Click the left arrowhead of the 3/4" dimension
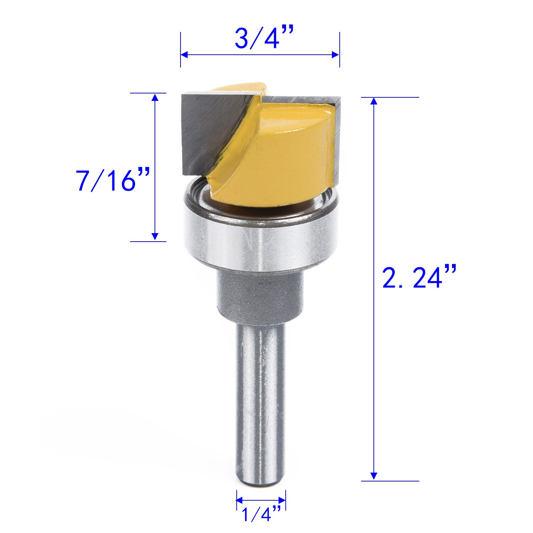pyautogui.click(x=184, y=55)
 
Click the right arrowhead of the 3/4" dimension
pyautogui.click(x=335, y=55)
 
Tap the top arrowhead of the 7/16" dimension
pyautogui.click(x=155, y=97)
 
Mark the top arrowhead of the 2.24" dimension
pyautogui.click(x=373, y=101)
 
